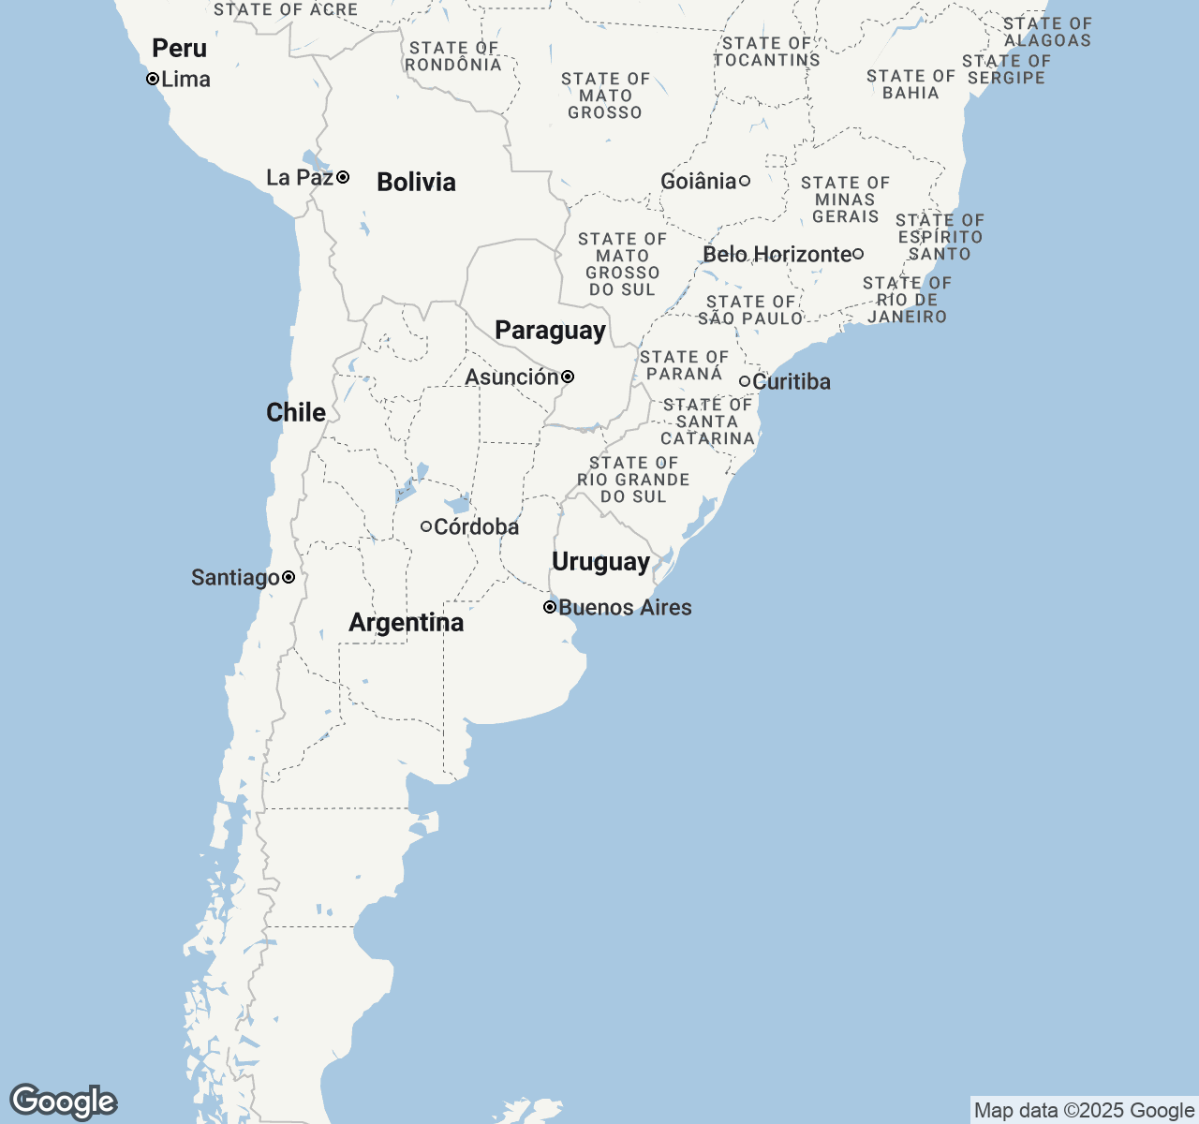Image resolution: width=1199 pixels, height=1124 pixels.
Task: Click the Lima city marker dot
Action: [153, 80]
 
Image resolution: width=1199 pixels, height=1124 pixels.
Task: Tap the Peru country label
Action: [179, 48]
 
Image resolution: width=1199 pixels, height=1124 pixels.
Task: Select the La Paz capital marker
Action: [344, 177]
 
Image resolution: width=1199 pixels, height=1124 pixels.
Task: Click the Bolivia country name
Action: [416, 182]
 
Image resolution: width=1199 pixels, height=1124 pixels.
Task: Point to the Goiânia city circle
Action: [745, 181]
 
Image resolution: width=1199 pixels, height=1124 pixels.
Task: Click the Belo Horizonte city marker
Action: [857, 254]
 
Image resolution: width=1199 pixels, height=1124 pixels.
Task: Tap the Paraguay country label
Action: [550, 330]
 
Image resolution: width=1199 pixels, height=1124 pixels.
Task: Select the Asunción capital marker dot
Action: [568, 377]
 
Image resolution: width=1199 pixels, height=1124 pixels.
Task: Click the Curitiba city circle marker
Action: [745, 381]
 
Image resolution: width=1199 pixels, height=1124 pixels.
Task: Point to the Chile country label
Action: [296, 412]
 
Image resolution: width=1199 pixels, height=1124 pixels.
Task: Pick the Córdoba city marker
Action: [426, 526]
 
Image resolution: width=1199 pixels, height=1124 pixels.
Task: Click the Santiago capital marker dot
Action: [289, 577]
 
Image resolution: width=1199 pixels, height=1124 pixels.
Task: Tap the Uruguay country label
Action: [600, 561]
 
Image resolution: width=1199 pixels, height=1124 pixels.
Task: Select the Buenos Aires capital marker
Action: [550, 607]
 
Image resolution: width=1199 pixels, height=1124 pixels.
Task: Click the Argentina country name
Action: [406, 622]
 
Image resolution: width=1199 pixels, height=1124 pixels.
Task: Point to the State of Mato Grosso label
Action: [605, 96]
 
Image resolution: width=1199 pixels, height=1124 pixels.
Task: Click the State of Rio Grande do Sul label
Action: [633, 480]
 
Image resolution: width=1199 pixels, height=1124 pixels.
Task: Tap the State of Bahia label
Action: [910, 84]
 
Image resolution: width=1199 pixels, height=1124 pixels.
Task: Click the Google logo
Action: [63, 1102]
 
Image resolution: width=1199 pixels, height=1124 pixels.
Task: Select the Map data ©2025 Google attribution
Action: [1084, 1111]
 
